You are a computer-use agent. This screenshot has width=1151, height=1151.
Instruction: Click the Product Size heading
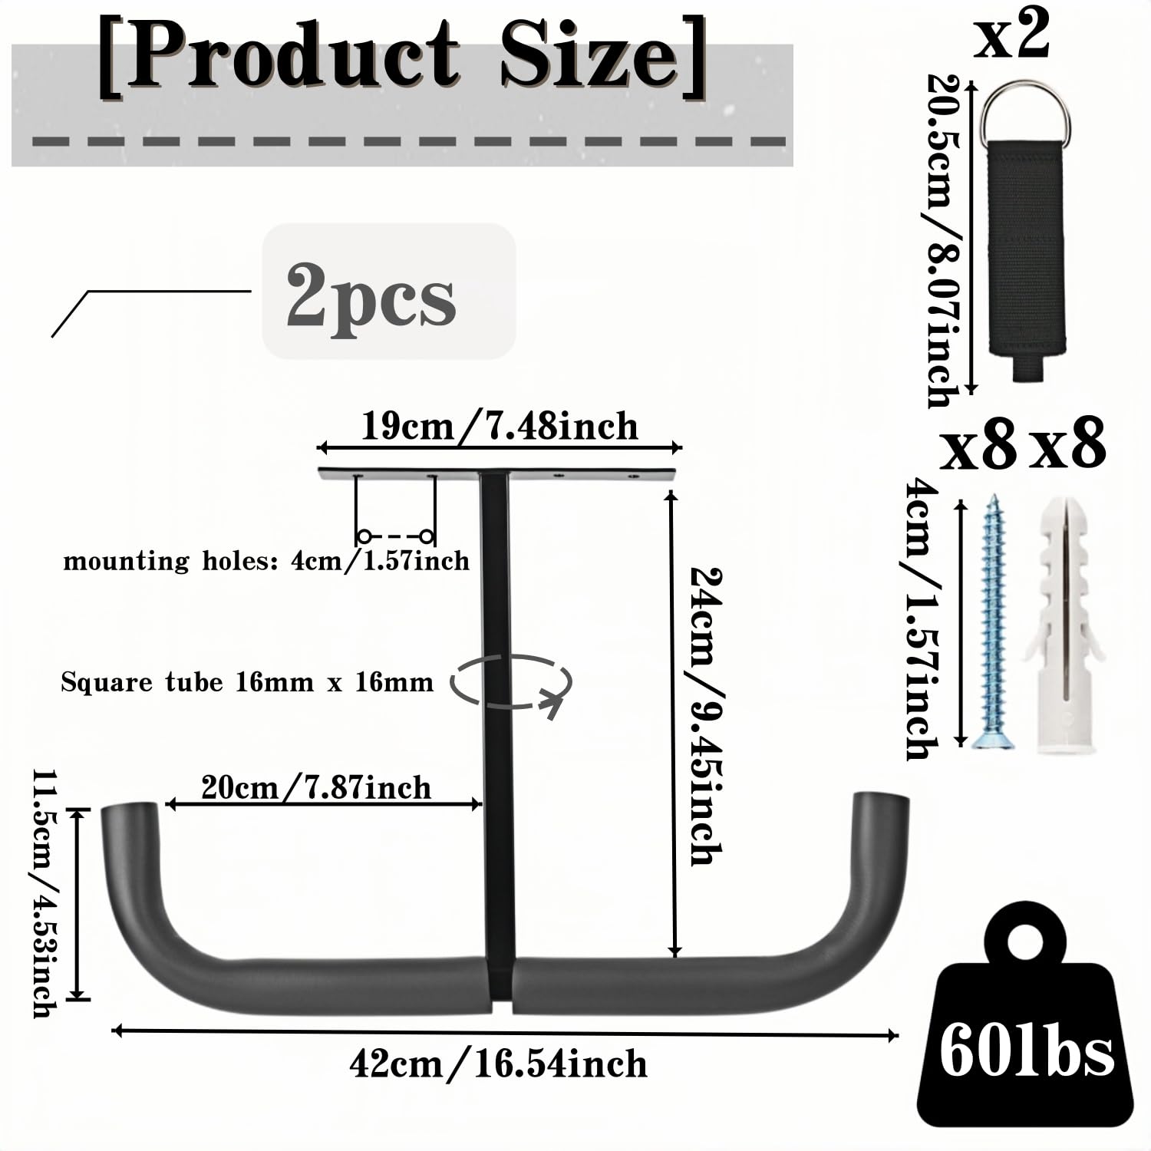(x=402, y=58)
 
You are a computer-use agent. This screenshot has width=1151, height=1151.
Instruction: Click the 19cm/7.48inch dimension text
(x=500, y=427)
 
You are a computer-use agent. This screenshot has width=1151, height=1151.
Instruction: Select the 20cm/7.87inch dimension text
(x=316, y=788)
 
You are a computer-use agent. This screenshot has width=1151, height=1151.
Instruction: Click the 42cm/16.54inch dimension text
(x=498, y=1064)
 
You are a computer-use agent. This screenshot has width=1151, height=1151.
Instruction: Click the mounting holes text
(x=266, y=561)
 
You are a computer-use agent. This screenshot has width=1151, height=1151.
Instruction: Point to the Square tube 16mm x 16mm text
(x=247, y=682)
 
